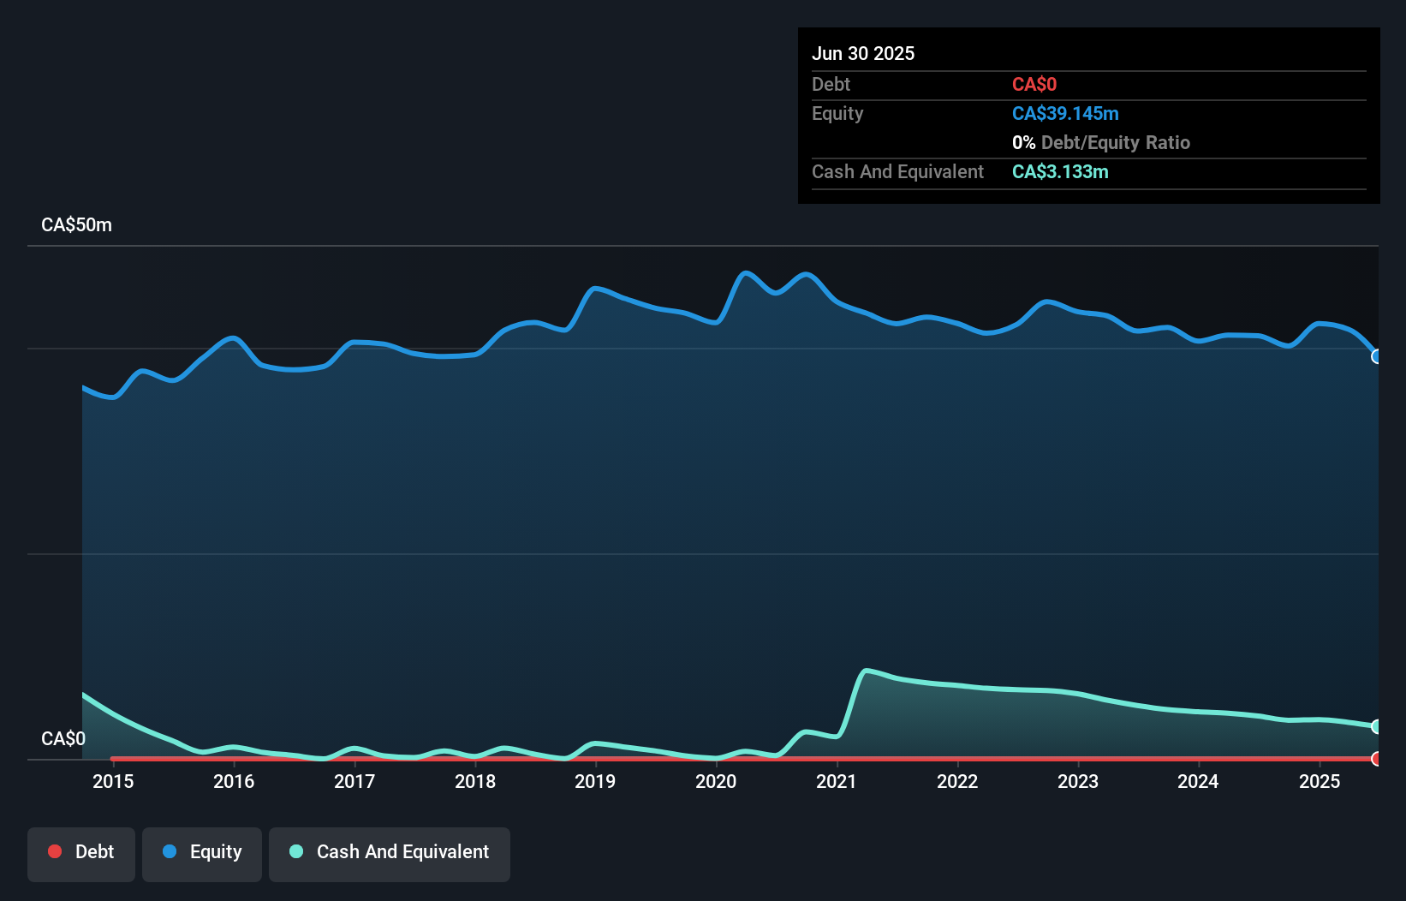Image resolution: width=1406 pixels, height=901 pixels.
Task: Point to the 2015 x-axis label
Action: click(113, 781)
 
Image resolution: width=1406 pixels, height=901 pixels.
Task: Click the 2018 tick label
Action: click(475, 781)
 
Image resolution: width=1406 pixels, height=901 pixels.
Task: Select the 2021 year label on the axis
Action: click(837, 781)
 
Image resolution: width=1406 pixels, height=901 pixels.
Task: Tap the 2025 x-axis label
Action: click(1320, 781)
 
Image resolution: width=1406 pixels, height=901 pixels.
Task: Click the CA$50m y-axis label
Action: click(76, 225)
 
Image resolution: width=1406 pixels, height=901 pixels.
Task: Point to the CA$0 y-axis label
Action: click(63, 738)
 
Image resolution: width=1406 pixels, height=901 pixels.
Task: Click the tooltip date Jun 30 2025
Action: click(863, 53)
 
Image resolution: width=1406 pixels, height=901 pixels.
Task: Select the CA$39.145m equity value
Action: click(1065, 114)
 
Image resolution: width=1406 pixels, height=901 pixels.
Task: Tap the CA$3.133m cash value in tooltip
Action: click(1060, 172)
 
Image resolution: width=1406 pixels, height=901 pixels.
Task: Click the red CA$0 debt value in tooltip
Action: click(1034, 85)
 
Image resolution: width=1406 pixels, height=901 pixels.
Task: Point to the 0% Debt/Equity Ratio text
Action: click(1101, 143)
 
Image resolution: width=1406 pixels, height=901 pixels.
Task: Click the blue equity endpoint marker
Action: click(1376, 356)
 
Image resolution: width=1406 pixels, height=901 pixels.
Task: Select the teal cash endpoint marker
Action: click(1376, 726)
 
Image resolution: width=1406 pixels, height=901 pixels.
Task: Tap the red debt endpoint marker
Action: click(1376, 759)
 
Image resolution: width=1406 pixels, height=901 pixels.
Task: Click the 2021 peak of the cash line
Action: click(867, 671)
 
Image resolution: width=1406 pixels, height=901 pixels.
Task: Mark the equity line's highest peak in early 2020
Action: click(746, 273)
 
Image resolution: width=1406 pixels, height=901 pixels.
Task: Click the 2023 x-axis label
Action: click(1078, 781)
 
